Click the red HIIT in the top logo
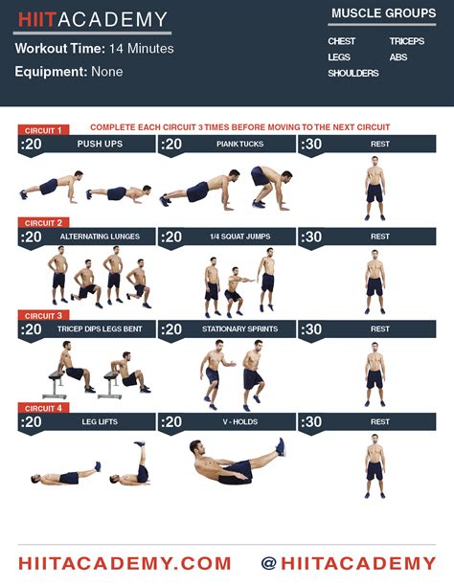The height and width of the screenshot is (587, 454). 36,19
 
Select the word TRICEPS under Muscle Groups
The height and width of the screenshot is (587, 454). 407,41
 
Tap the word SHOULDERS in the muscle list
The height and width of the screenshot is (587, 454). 353,73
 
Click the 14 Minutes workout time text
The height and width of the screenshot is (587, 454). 142,48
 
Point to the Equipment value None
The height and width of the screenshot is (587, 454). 107,72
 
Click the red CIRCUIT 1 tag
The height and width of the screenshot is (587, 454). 43,130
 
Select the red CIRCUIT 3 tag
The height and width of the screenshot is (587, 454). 43,316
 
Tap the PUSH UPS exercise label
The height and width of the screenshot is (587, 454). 100,144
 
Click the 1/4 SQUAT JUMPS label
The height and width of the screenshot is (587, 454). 240,237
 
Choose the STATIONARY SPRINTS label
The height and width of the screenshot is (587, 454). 240,328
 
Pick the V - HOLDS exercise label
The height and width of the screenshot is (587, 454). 240,421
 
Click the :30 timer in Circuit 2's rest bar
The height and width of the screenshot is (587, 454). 311,237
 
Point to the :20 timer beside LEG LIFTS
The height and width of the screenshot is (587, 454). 31,422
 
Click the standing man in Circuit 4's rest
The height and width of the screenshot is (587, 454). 375,466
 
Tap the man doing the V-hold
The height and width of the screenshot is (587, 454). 238,462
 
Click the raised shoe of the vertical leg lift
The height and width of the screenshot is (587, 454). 139,444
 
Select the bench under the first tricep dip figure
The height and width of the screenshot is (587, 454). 55,385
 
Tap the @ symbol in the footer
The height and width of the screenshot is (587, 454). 269,563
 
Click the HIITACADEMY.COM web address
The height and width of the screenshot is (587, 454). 125,563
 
